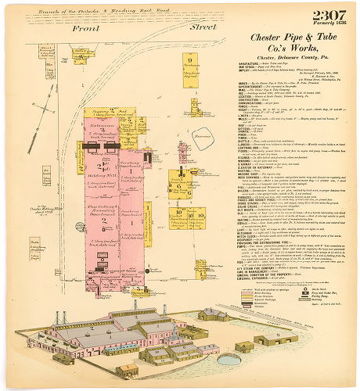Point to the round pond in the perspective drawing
[x=227, y=360]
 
